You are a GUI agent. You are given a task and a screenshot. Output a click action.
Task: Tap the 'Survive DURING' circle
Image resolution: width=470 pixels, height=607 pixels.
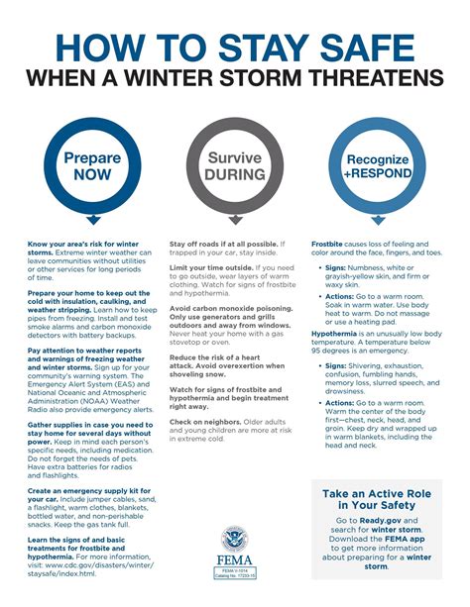pos(234,165)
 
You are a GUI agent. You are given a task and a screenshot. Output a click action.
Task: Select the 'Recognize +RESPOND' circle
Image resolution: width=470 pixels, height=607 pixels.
pos(378,165)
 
